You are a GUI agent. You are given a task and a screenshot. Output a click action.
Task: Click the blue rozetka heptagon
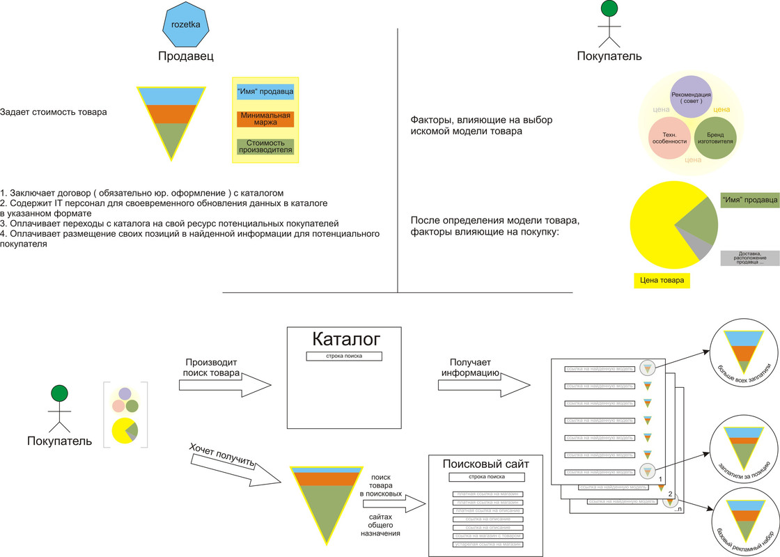pos(185,25)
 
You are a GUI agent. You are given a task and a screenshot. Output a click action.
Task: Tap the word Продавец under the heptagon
pos(185,56)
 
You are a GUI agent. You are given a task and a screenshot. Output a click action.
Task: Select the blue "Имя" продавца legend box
pos(265,91)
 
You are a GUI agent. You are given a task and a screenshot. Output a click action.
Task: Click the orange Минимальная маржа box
pos(265,118)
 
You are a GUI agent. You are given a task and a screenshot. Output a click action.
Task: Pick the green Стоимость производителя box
pos(265,146)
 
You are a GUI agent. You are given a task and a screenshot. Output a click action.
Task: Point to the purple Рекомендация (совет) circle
pos(691,97)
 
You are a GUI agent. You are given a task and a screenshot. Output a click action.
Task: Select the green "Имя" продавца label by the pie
pos(749,201)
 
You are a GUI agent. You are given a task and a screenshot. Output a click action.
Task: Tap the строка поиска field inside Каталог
pos(344,356)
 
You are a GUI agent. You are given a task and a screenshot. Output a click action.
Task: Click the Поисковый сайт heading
pos(485,464)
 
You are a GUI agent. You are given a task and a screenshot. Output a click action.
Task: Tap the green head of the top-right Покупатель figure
pos(609,8)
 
